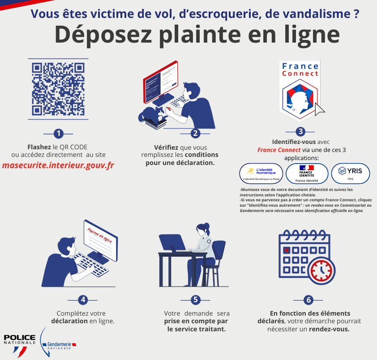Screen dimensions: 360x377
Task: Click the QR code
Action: pos(58,89)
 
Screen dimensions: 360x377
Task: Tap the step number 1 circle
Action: pos(58,133)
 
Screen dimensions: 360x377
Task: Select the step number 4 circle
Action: pos(82,300)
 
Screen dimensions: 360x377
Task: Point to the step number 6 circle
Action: pos(308,300)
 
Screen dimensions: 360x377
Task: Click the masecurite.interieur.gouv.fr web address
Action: pos(58,165)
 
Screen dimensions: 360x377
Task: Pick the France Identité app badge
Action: pos(306,173)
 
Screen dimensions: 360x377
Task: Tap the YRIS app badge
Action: pos(350,173)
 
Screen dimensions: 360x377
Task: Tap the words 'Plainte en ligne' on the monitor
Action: pos(99,234)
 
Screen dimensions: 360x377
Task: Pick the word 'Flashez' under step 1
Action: pos(39,147)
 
